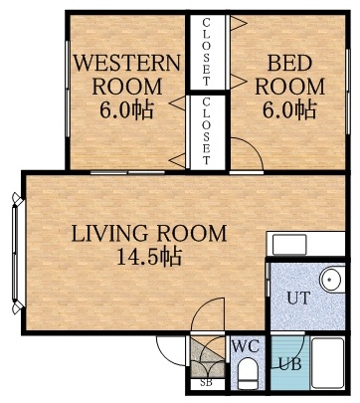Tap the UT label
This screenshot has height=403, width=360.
point(297,298)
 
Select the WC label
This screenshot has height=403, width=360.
point(245,346)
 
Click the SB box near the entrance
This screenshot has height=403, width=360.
point(207,382)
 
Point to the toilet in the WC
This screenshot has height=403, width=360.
point(247,374)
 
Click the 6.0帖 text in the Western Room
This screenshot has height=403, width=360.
point(126,107)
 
